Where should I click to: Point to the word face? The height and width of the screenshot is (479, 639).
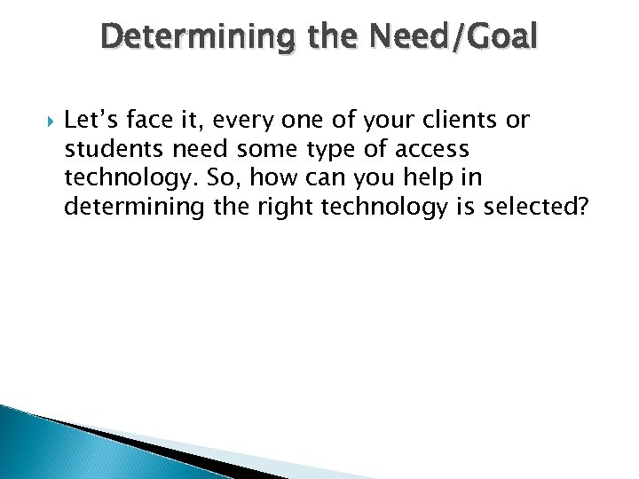pos(148,121)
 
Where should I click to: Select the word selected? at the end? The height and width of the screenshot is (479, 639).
pos(533,206)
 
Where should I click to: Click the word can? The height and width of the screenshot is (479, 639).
pos(323,178)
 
